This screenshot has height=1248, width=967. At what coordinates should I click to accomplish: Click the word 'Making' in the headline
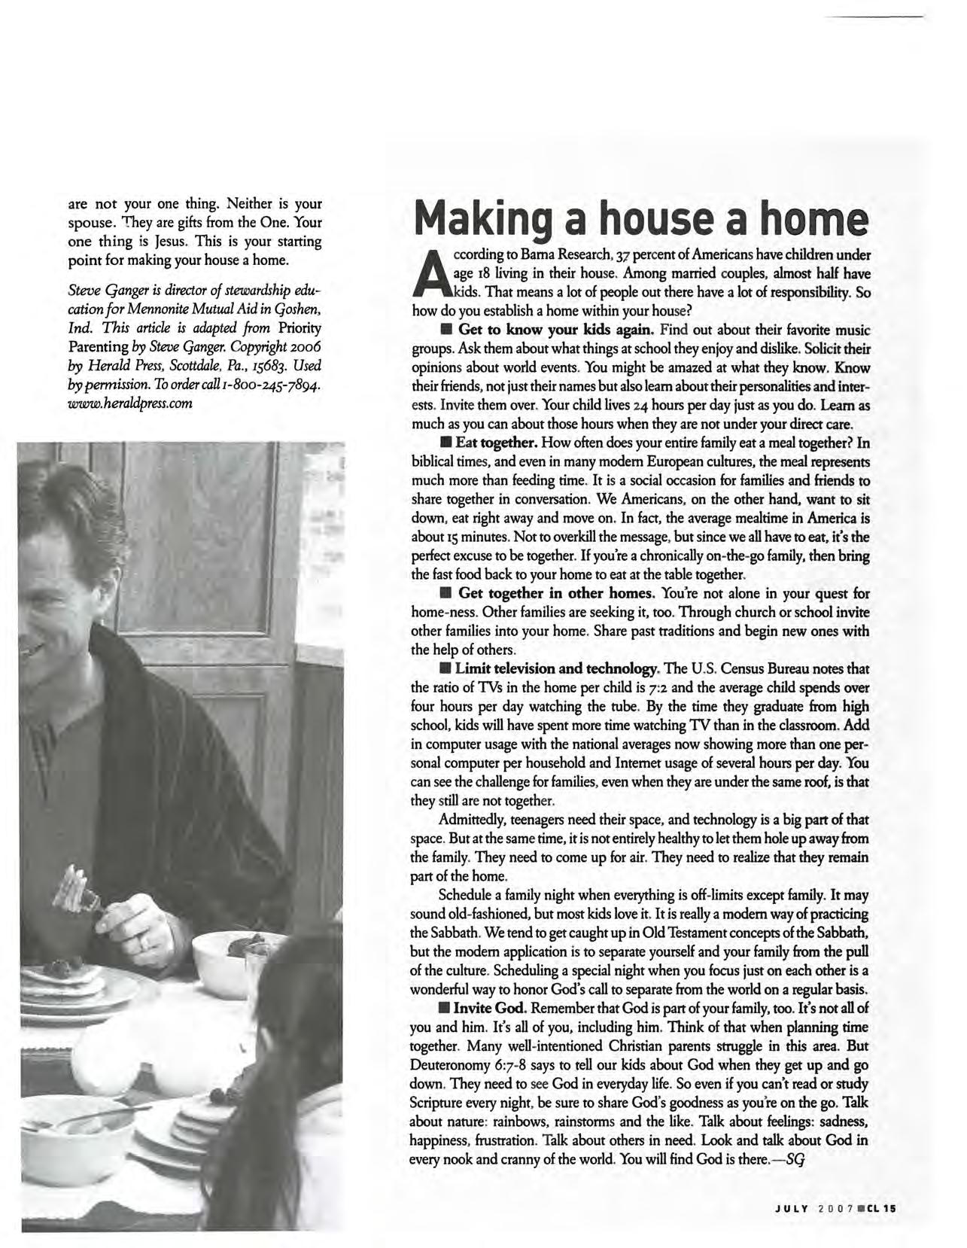494,219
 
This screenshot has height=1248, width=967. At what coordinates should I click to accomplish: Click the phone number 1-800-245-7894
274,385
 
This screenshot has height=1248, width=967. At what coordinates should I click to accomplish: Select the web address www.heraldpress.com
129,403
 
